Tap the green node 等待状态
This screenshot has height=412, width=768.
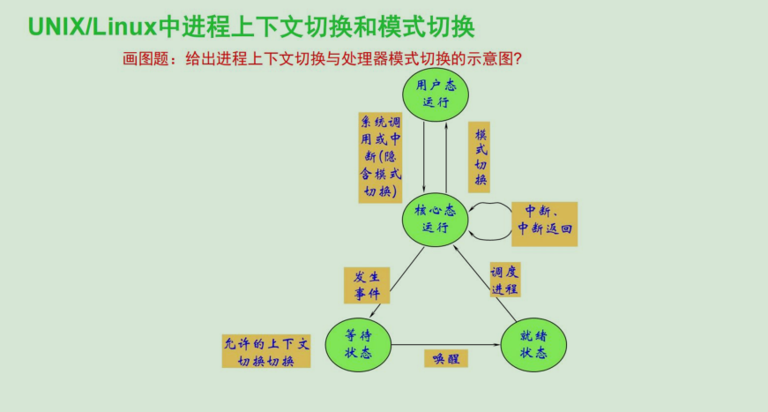pos(358,344)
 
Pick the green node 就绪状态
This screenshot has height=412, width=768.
pos(534,344)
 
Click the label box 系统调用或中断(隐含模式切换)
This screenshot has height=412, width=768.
pos(380,157)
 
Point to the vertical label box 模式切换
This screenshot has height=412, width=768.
pos(479,157)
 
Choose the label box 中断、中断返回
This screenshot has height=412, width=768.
pos(544,223)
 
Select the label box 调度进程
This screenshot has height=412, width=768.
pos(506,280)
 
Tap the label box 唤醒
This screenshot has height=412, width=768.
pos(445,358)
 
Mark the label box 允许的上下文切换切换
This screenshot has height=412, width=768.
pos(265,351)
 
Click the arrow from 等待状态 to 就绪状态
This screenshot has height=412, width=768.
pos(445,344)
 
